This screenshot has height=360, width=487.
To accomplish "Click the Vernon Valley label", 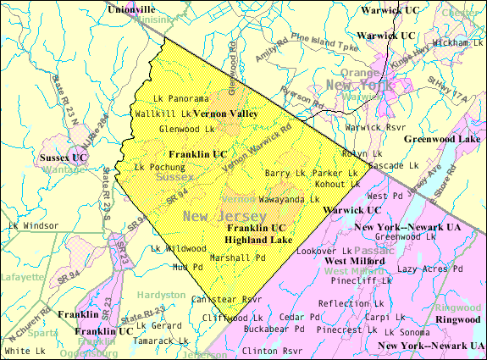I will tap(226, 113).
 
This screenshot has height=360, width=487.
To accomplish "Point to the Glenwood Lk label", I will tap(186, 129).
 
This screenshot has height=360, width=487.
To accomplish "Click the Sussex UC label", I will tap(64, 158).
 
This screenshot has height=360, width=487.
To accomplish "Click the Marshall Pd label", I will tap(238, 257).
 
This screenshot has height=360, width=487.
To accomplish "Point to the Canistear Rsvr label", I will tap(227, 299).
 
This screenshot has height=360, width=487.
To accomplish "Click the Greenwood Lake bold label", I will tap(444, 138).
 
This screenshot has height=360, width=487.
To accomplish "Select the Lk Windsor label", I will tap(33, 226).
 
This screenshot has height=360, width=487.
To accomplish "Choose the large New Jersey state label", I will tap(219, 216).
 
